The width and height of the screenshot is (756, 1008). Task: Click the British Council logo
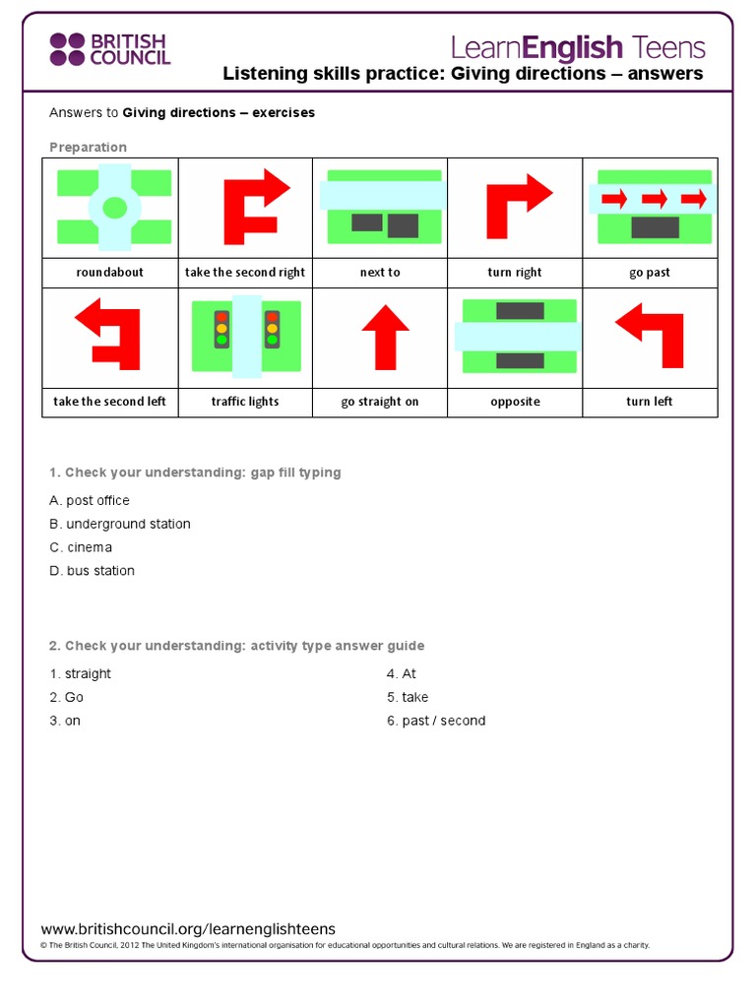point(109,48)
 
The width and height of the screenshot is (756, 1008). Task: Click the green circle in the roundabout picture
point(114,207)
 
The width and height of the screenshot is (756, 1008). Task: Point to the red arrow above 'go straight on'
point(386,336)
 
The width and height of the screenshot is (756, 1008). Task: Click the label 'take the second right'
point(245,273)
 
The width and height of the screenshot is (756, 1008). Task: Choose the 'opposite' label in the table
point(515,402)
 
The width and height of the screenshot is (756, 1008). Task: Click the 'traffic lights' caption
point(245,402)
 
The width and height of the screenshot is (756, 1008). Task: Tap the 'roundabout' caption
point(109,273)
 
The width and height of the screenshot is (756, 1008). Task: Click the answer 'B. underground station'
point(120,524)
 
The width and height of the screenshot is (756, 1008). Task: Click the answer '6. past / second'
point(436,721)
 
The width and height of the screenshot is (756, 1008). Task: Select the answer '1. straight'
point(81,673)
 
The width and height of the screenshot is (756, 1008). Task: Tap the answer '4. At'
point(402,673)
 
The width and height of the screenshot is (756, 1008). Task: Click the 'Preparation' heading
point(89,148)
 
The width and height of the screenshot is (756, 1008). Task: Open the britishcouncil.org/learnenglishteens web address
point(188,929)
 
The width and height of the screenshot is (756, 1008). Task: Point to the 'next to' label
point(380,273)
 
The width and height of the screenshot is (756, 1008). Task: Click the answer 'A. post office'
point(90,500)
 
